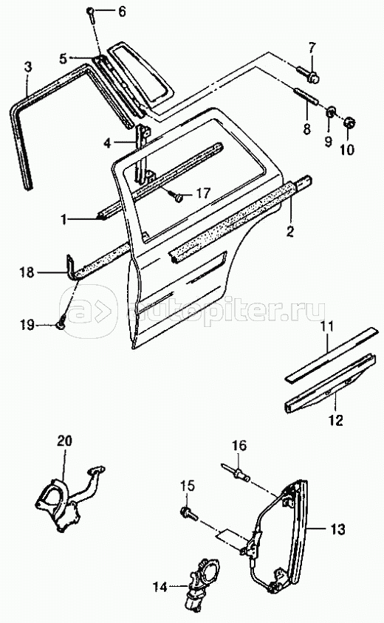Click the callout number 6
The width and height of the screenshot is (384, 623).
coord(122,12)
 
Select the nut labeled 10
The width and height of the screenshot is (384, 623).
coord(349,123)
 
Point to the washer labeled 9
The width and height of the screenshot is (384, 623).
coord(329,113)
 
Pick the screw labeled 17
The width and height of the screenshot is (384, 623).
coord(177,195)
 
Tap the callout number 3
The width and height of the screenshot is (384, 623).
coord(27,66)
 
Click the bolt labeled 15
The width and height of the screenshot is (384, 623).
coord(188,513)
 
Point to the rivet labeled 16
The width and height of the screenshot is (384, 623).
coord(236,471)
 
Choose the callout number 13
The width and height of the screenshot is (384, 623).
coord(337,529)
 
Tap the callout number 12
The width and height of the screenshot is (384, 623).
coord(336,420)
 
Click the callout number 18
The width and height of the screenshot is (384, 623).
coord(27,273)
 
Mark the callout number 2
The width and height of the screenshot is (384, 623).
coord(290,231)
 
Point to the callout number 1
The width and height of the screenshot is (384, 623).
coord(64,220)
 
